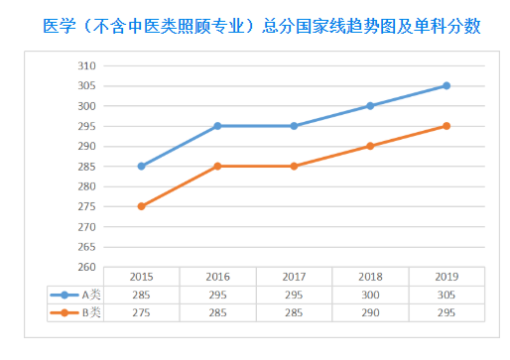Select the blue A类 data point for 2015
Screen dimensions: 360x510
[x=141, y=167]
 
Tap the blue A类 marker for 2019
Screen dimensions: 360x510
[x=446, y=86]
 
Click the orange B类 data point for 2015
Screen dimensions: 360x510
[x=141, y=206]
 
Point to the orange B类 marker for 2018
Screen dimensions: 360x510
[x=370, y=146]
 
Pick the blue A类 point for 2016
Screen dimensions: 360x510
[x=217, y=126]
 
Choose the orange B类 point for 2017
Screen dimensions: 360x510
[x=294, y=166]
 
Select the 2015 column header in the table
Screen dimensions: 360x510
[x=141, y=277]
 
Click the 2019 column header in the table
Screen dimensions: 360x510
[x=446, y=277]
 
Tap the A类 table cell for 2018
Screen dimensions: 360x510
[x=370, y=295]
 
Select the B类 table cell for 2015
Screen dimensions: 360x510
[x=141, y=312]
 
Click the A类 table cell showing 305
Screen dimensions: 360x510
[x=446, y=295]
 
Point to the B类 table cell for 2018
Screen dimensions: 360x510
[x=370, y=312]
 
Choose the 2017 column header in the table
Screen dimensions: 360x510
[x=294, y=277]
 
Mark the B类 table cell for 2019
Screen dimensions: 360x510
[x=446, y=312]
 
